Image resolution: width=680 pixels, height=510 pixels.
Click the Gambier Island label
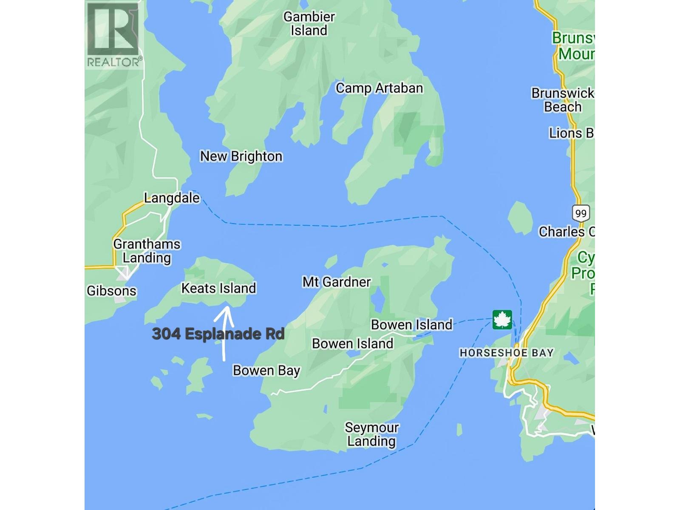[309, 24]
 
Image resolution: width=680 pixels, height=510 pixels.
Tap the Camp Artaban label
[379, 88]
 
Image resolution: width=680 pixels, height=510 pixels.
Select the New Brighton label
[241, 156]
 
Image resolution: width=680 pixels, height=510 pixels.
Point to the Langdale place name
[172, 198]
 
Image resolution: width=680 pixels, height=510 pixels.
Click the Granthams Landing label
[147, 251]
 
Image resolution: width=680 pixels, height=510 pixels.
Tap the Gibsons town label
[111, 291]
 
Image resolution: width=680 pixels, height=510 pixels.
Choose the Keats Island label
[218, 289]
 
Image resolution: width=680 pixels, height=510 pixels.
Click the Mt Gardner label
[337, 282]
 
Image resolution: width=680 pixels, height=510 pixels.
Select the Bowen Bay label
[266, 371]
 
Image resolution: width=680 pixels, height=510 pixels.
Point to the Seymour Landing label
[371, 434]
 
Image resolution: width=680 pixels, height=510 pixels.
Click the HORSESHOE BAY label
[507, 353]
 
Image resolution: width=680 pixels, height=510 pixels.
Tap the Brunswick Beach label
[563, 100]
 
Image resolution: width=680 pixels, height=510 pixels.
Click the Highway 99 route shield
[580, 213]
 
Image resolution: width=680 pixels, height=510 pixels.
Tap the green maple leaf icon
[502, 320]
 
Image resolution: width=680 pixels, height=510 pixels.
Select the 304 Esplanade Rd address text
[218, 334]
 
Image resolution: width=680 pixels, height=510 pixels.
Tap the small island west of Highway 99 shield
[521, 217]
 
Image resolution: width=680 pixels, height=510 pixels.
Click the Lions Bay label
[571, 133]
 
